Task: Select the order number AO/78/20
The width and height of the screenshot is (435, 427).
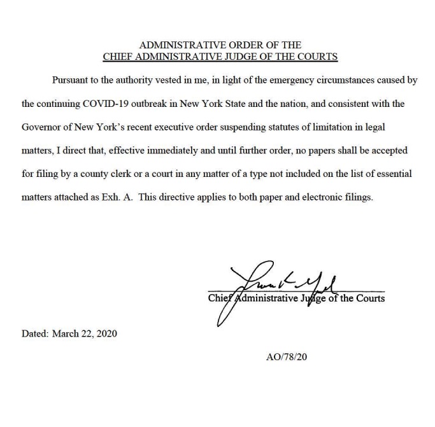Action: tap(287, 357)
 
